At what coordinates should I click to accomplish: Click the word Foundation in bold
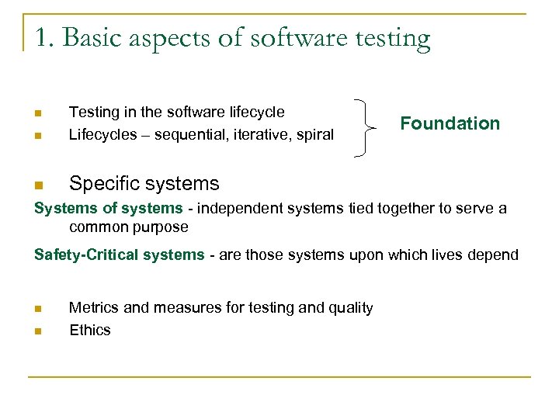pyautogui.click(x=450, y=123)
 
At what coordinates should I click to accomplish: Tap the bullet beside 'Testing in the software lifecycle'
pyautogui.click(x=38, y=113)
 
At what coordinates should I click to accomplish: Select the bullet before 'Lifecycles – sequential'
pyautogui.click(x=38, y=136)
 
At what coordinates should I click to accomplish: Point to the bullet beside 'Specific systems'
pyautogui.click(x=38, y=185)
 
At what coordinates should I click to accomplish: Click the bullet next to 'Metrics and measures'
pyautogui.click(x=38, y=309)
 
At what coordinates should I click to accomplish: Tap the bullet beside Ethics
pyautogui.click(x=38, y=331)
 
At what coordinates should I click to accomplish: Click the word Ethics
pyautogui.click(x=90, y=331)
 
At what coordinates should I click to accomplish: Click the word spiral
pyautogui.click(x=314, y=135)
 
